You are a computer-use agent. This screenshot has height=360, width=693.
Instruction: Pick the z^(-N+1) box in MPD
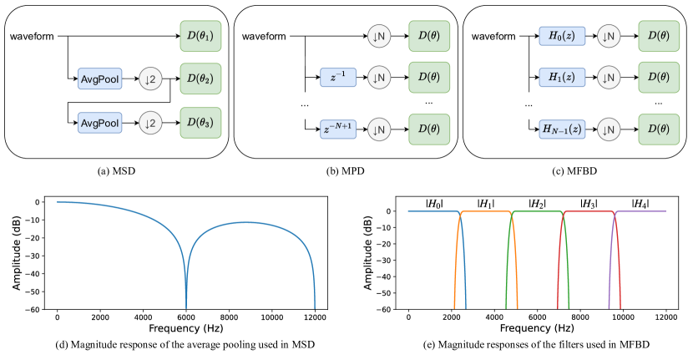pos(339,129)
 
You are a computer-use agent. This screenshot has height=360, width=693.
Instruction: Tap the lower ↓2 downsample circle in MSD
pos(152,123)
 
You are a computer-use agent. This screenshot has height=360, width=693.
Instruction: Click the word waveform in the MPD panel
pos(265,37)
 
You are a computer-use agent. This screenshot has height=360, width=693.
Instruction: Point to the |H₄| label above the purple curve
pos(640,203)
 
